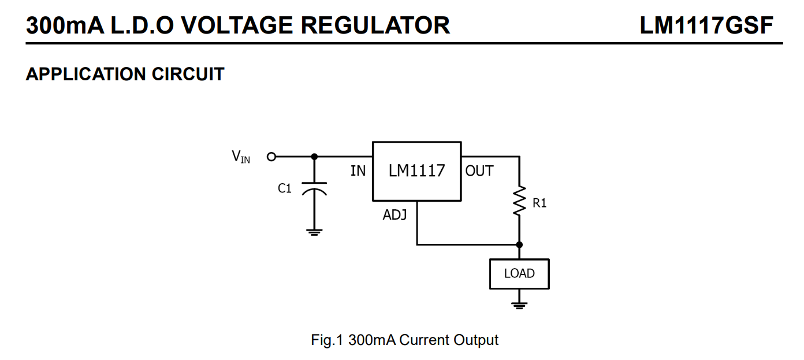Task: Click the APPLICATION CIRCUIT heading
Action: click(x=125, y=75)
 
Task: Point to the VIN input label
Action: click(x=241, y=157)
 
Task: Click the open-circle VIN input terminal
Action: click(x=271, y=156)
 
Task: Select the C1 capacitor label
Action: click(x=285, y=188)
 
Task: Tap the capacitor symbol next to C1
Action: click(x=314, y=190)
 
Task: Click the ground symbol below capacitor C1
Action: click(x=314, y=232)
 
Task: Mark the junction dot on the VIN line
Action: click(x=314, y=156)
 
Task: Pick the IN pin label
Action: click(x=358, y=171)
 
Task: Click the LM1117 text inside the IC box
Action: click(x=416, y=171)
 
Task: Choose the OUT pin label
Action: click(x=479, y=171)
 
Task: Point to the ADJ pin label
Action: click(x=394, y=216)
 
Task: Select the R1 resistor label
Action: click(x=539, y=203)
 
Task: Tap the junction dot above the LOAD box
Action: click(x=519, y=244)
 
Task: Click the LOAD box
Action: click(x=519, y=274)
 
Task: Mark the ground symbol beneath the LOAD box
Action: click(x=519, y=306)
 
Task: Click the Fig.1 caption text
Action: click(x=404, y=340)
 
